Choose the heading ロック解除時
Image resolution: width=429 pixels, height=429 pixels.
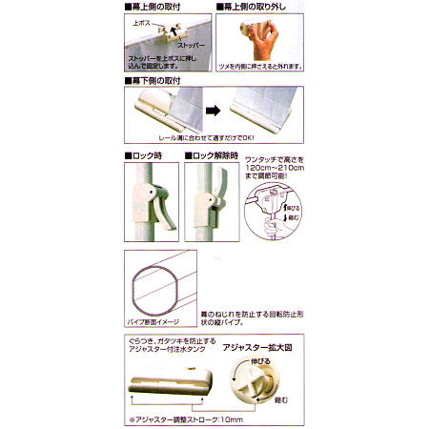click(x=222, y=154)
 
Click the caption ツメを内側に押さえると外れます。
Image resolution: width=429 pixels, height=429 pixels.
click(x=259, y=68)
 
